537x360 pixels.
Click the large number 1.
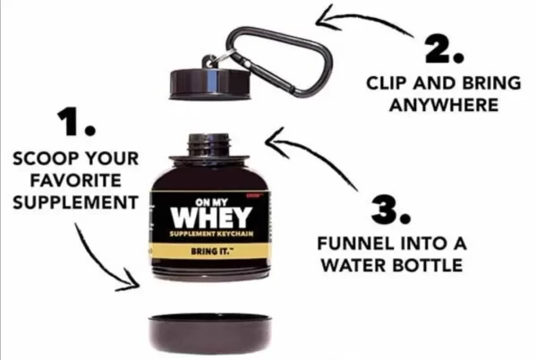coord(76,122)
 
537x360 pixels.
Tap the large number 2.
coord(445,49)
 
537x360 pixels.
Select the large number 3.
coord(390,210)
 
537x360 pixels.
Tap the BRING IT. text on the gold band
coord(210,251)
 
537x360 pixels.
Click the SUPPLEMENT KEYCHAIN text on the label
coord(211,234)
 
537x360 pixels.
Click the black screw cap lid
coord(212,84)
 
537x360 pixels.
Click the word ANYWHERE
coord(444,105)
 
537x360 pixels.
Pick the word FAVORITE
coord(76,181)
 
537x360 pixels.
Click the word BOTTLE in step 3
coord(428,265)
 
